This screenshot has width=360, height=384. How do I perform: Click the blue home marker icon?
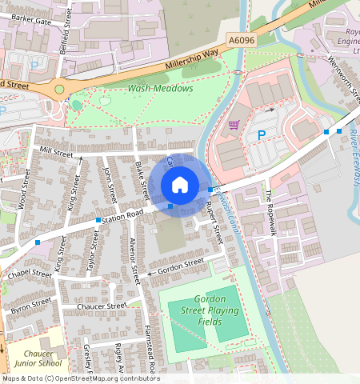tap(180, 185)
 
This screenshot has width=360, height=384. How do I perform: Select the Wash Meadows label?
tap(160, 88)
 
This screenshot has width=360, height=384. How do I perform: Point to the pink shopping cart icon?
tap(234, 124)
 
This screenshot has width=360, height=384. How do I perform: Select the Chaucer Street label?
tap(102, 306)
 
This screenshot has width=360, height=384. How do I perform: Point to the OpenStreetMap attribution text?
tap(80, 378)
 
